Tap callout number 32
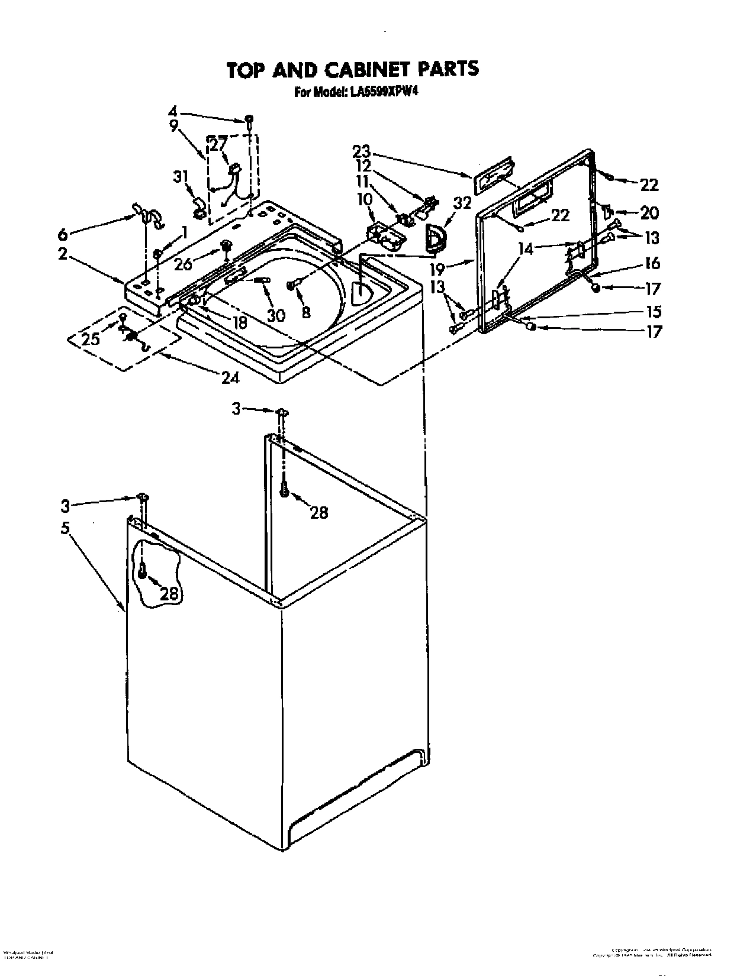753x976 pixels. (462, 203)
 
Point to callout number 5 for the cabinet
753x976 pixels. (67, 527)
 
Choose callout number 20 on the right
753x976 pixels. (649, 212)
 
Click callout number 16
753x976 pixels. (652, 263)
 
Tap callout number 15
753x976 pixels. (654, 311)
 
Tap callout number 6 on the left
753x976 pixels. (63, 234)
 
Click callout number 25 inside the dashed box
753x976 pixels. (91, 338)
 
